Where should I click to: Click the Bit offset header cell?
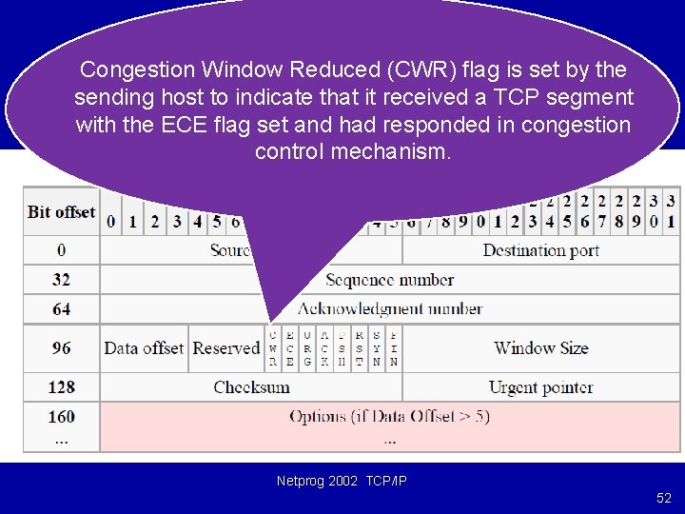pos(62,211)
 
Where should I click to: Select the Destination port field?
pos(540,250)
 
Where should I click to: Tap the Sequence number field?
pos(389,280)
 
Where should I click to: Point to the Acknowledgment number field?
pos(389,309)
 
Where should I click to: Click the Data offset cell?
pos(144,348)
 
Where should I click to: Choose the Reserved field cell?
pos(226,348)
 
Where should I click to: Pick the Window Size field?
pos(540,348)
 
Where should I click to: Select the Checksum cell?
pos(251,387)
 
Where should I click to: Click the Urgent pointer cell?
pos(540,387)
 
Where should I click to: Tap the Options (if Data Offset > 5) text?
pos(389,417)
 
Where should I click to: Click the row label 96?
pos(62,348)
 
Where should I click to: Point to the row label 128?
pos(62,387)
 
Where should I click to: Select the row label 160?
pos(62,417)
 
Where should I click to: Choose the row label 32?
pos(62,280)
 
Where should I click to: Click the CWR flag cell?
pos(273,348)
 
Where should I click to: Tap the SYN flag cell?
pos(377,348)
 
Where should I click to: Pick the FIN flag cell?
pos(394,348)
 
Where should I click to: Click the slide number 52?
pos(663,498)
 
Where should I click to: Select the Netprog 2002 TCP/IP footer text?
pos(342,482)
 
